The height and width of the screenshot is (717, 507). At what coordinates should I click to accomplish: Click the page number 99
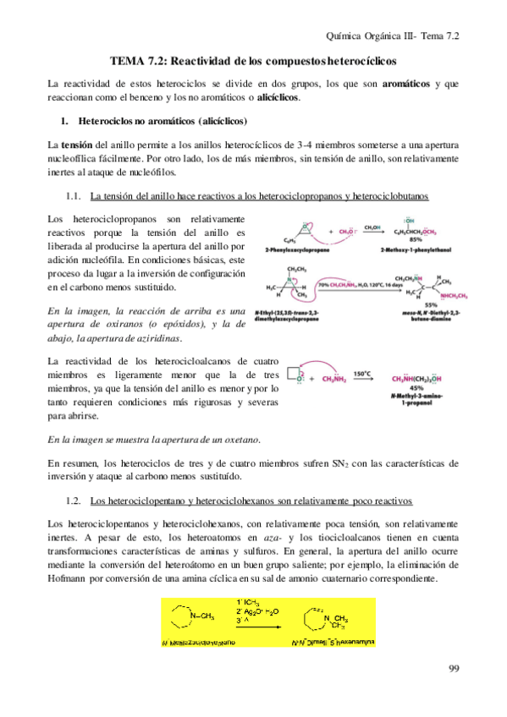453,669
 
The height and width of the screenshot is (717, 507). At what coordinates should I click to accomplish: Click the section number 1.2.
72,500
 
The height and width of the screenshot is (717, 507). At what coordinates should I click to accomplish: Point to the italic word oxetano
239,440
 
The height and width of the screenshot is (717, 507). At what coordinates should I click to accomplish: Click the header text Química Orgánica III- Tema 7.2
396,36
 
